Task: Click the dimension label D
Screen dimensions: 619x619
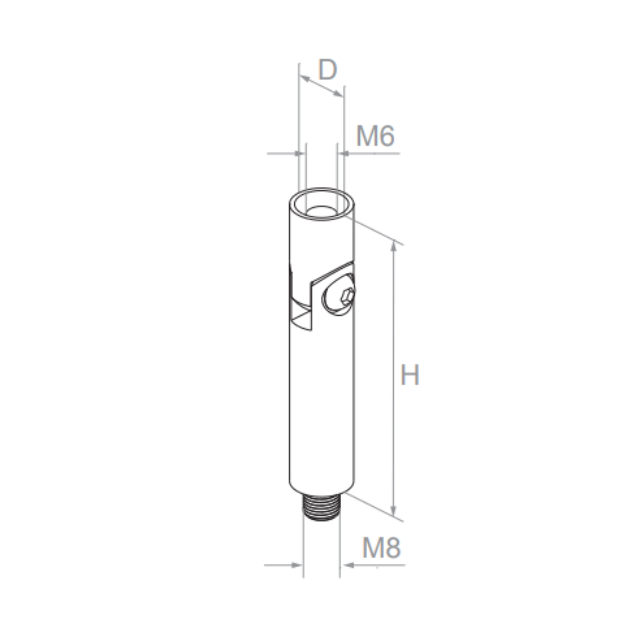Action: [327, 70]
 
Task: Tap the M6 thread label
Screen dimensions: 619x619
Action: [375, 136]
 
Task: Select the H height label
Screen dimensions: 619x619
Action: [410, 374]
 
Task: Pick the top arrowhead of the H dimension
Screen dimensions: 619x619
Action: [394, 246]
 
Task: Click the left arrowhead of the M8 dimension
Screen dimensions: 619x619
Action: [297, 565]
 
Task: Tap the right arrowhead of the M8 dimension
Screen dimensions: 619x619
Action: [347, 565]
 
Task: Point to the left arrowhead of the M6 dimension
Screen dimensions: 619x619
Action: [299, 154]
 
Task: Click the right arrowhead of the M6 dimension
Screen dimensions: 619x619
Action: [344, 154]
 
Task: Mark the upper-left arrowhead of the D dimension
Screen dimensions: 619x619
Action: [304, 78]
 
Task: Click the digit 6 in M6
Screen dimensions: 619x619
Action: [386, 136]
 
